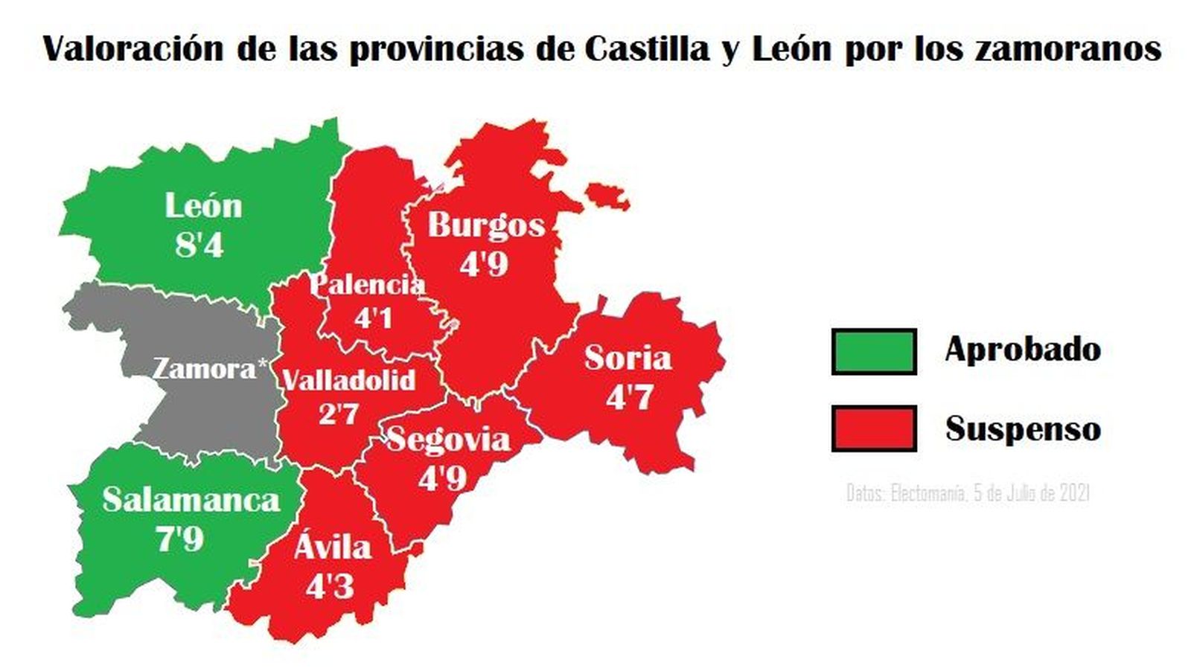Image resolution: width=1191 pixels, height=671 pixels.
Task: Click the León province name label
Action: [x=203, y=206]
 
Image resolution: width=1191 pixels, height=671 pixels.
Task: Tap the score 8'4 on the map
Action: [x=199, y=245]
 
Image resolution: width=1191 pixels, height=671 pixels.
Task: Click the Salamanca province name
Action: [x=191, y=499]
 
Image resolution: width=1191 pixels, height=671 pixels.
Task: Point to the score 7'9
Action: [x=179, y=538]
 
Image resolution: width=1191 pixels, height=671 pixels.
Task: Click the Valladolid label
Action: [x=349, y=380]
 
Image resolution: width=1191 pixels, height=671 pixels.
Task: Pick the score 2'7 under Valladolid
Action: [x=339, y=414]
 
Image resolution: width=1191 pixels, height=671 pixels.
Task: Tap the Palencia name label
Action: [x=367, y=284]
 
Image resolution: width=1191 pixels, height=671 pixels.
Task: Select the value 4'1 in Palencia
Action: [x=373, y=318]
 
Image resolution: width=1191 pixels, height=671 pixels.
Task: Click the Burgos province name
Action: [x=486, y=225]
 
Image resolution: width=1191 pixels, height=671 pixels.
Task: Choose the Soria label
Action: [x=628, y=359]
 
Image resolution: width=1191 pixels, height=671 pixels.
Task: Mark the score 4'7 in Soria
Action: [x=629, y=397]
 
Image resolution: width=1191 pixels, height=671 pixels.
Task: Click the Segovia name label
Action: [x=449, y=440]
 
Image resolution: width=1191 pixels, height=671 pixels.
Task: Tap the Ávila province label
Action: [x=333, y=547]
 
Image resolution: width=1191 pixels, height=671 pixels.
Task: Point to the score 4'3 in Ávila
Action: [x=330, y=587]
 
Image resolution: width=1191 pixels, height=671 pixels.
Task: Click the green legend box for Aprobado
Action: [x=874, y=351]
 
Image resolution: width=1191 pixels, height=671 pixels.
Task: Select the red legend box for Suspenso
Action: [x=874, y=428]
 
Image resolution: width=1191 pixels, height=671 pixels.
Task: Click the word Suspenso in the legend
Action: [x=1023, y=429]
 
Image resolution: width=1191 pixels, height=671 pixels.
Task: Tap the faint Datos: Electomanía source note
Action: [x=968, y=493]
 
